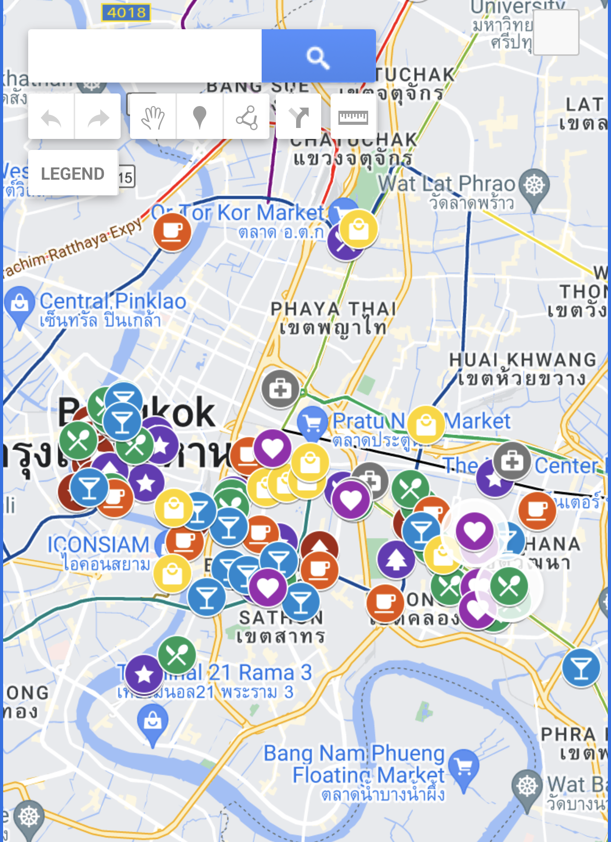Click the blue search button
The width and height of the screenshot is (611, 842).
pos(318,56)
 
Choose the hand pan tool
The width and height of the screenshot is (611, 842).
pos(153,117)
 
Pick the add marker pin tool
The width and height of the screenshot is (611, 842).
pos(199,117)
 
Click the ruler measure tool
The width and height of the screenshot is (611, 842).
pos(353,117)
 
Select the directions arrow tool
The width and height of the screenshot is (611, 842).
pos(299,117)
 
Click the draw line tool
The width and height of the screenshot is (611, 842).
pos(246,117)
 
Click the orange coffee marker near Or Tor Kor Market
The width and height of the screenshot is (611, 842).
pos(172,231)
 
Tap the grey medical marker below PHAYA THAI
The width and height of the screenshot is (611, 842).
pos(280,389)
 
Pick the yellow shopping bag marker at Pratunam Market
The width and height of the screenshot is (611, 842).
pos(426,424)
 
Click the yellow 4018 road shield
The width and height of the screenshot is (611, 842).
pos(126,12)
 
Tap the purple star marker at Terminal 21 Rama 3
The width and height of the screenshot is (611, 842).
pos(144,674)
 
